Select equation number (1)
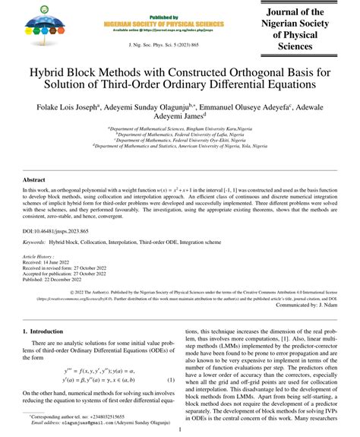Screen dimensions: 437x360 click(171, 379)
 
